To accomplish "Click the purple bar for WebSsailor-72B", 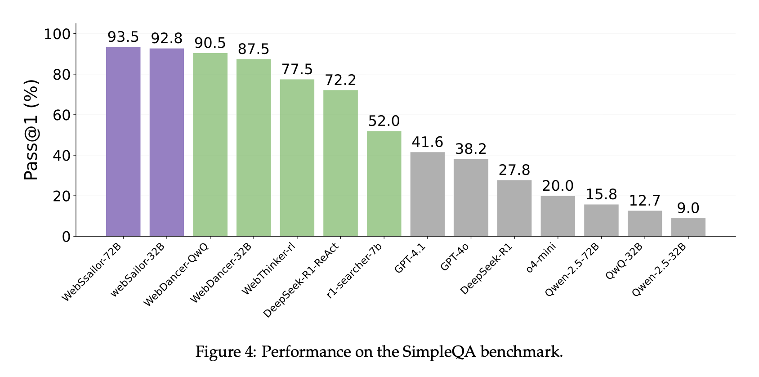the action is (x=123, y=141).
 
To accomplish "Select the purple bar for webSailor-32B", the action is (x=167, y=143).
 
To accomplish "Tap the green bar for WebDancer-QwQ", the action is (x=210, y=144).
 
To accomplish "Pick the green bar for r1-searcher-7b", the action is (x=384, y=184).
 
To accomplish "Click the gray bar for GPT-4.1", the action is (x=427, y=194).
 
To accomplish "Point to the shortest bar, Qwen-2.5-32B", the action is (x=688, y=227).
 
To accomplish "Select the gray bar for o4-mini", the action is (x=558, y=216).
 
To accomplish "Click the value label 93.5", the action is (x=123, y=37).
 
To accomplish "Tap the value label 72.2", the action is (x=340, y=80).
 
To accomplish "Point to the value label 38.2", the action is (x=471, y=149).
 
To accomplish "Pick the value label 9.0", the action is (x=688, y=208).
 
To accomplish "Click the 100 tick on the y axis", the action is (x=58, y=34).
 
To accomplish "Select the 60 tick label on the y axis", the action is (x=62, y=115).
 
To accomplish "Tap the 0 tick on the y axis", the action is (x=67, y=236).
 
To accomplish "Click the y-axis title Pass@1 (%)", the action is (x=31, y=130).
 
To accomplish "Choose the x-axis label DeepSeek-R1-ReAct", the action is (x=301, y=280).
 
